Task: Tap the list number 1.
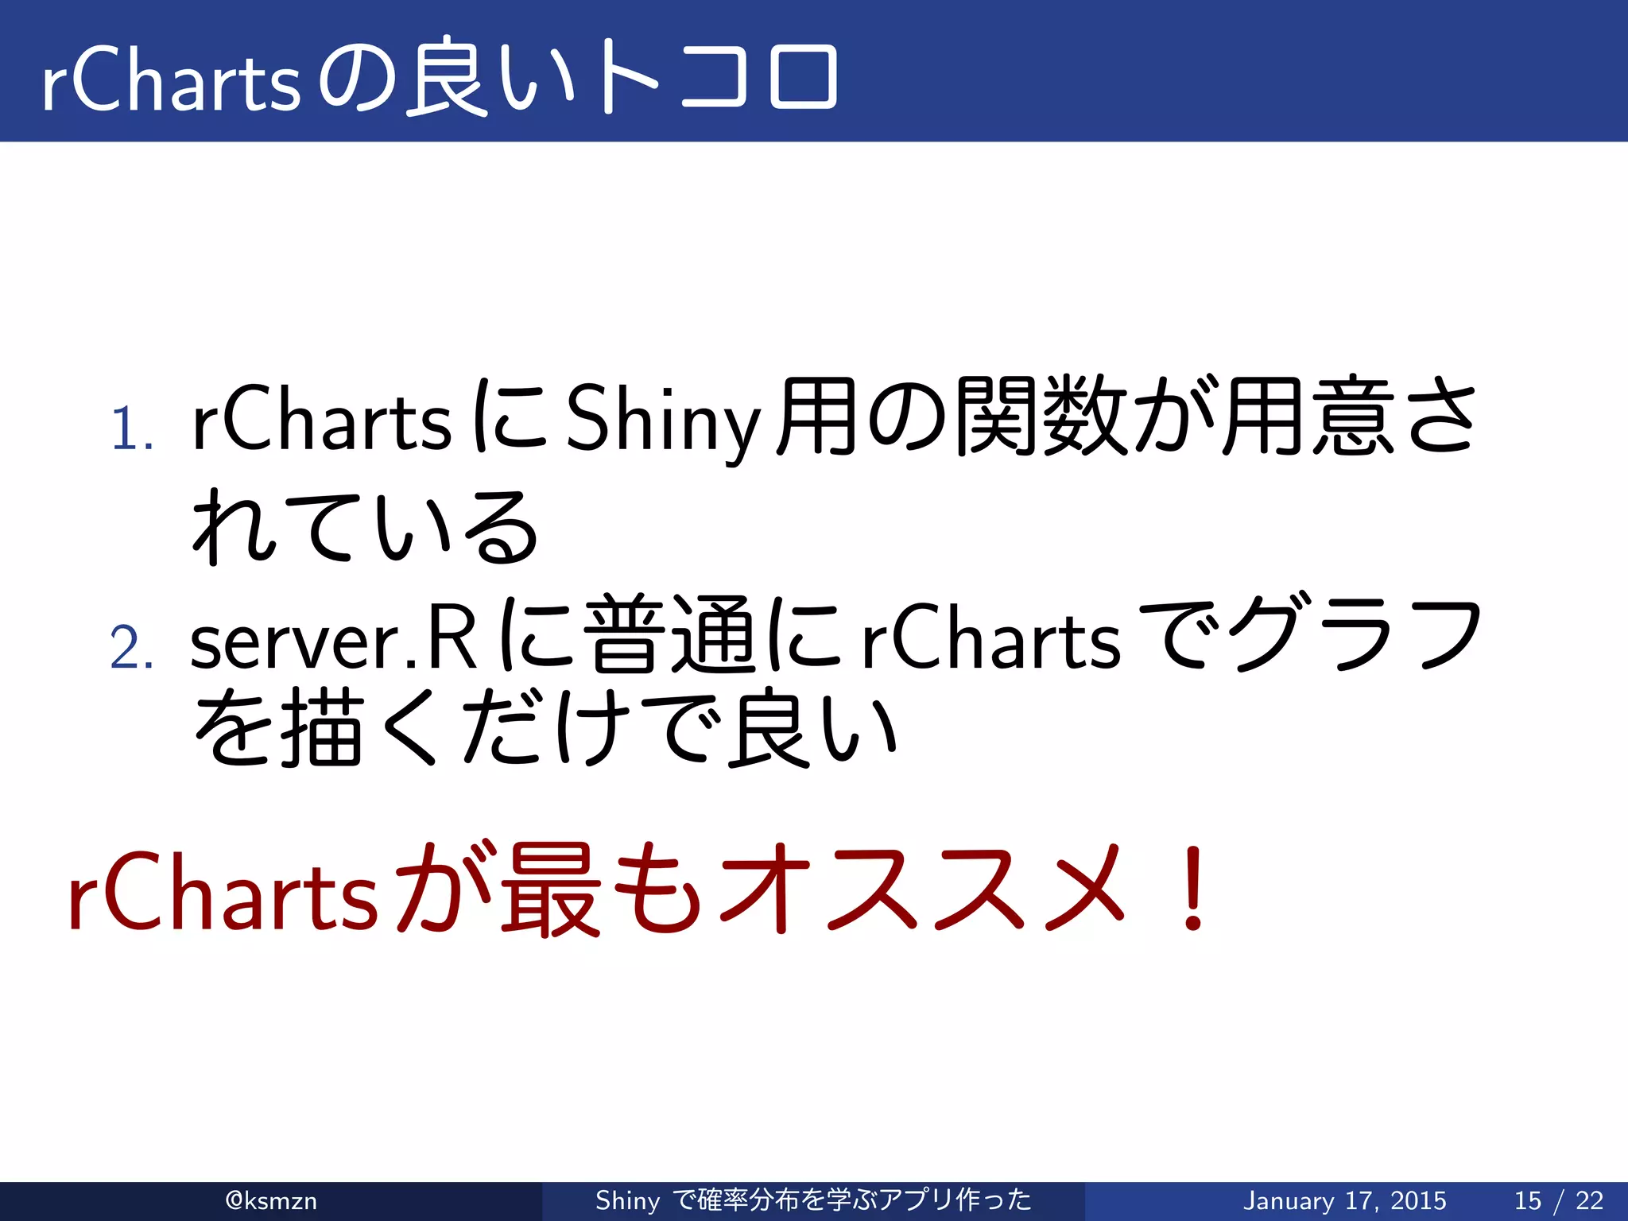pos(131,430)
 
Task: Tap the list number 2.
pos(131,648)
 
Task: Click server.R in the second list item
pos(334,640)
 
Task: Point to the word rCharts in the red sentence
pos(223,894)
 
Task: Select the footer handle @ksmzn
pos(271,1200)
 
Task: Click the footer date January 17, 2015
pos(1344,1200)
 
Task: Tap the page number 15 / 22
pos(1559,1200)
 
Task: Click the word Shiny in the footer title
pos(627,1200)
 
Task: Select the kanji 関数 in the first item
pos(1041,417)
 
